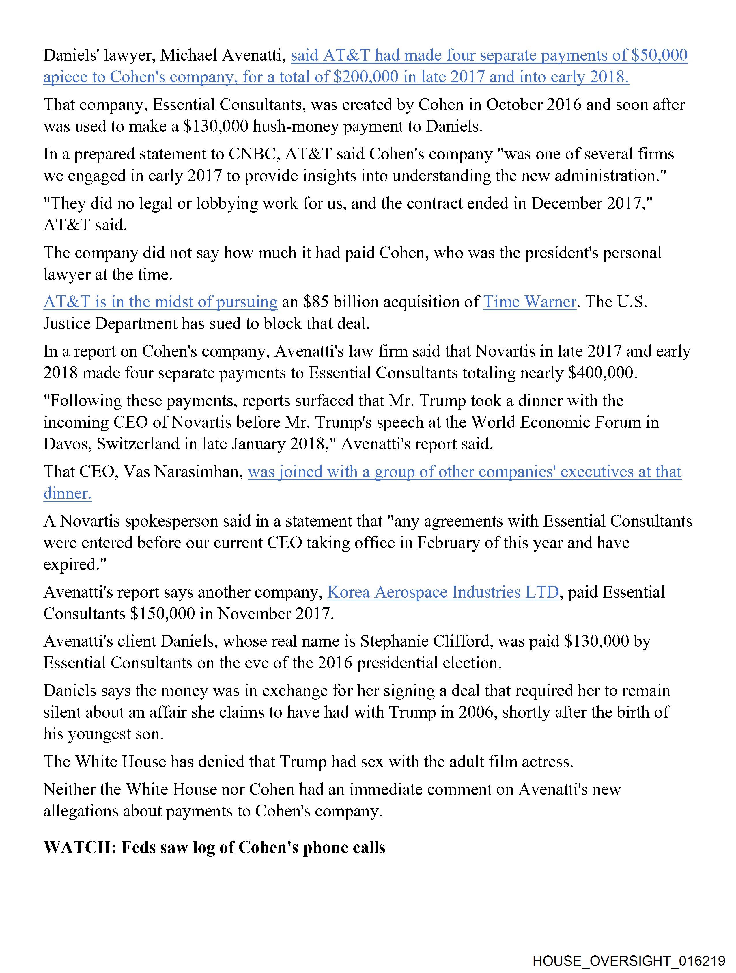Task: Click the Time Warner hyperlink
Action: tap(529, 302)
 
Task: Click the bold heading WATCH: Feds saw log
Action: tap(214, 847)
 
